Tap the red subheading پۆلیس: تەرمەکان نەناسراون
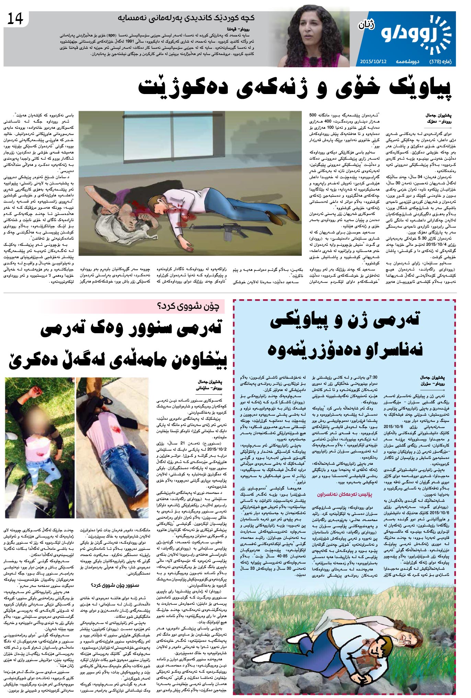tap(347, 495)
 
